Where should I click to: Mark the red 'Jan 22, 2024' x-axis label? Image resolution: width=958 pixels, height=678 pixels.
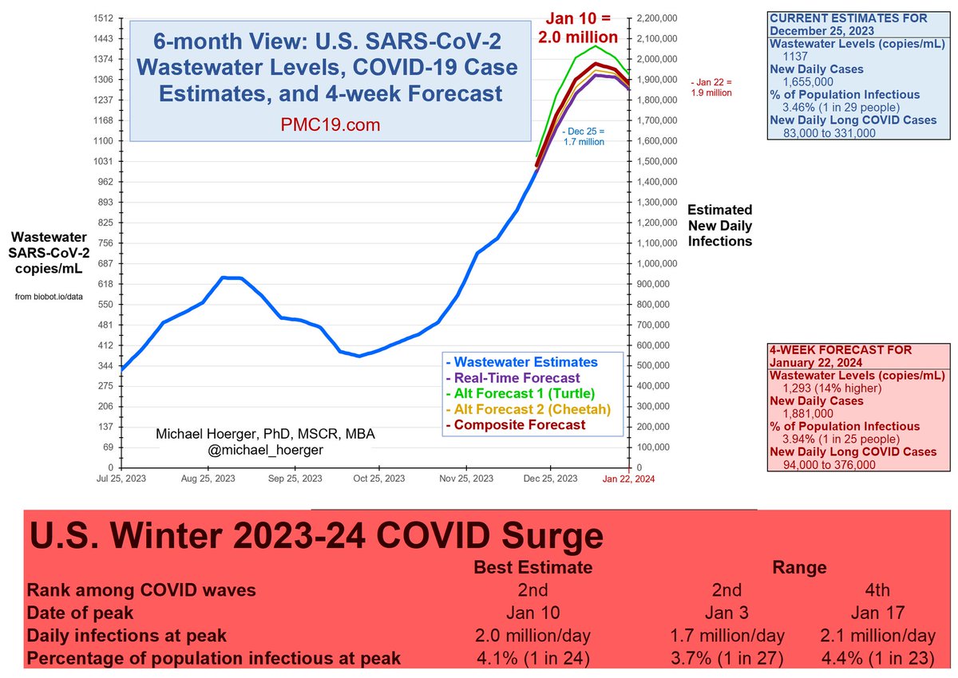coord(628,479)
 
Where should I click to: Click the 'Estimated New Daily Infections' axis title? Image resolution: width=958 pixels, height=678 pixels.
coord(720,225)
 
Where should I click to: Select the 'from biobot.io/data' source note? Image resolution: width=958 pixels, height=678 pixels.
coord(49,298)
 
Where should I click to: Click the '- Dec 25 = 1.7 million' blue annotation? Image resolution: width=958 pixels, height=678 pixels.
coord(583,136)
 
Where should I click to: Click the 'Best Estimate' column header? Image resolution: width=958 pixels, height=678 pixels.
coord(532,567)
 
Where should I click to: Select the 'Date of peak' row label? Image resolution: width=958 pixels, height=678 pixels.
coord(81,613)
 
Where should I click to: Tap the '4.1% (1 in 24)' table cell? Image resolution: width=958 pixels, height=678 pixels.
coord(532,659)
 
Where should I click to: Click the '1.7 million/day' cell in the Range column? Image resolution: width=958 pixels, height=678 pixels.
coord(726,636)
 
